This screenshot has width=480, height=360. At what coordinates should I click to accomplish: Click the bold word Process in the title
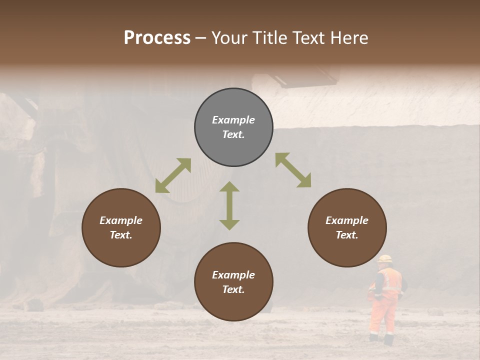tap(157, 38)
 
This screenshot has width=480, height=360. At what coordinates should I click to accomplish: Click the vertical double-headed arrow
tap(229, 205)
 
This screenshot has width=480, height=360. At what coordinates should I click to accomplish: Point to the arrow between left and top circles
tap(173, 175)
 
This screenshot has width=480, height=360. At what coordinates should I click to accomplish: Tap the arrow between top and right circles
tap(293, 170)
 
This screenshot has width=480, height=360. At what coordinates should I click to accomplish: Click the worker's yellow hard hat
tap(384, 258)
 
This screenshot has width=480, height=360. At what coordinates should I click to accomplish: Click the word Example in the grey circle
tap(233, 120)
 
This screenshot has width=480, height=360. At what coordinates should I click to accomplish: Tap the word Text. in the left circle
tap(121, 235)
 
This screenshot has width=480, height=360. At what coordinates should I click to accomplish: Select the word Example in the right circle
tap(347, 220)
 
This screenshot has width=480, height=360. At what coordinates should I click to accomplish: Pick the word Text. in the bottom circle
tap(233, 289)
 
